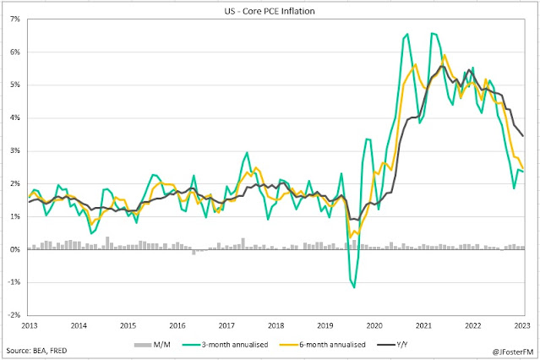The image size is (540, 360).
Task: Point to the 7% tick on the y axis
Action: point(15,19)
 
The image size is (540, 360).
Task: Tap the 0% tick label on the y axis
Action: point(15,249)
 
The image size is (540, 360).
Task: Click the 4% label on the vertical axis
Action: point(15,117)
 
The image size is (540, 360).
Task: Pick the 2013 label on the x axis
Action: point(29,325)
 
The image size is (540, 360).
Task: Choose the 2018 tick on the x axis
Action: point(276,325)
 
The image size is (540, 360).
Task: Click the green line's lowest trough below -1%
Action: point(354,287)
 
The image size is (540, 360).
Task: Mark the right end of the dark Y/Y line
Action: point(522,135)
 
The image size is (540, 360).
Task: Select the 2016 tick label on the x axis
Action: point(177,325)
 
